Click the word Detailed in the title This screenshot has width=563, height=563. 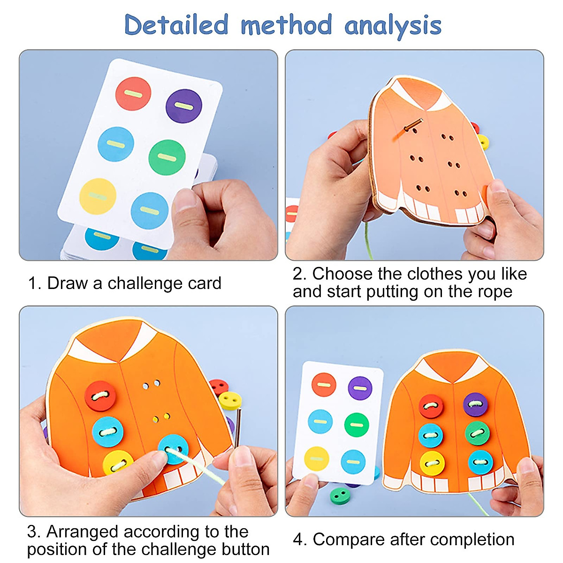(x=176, y=25)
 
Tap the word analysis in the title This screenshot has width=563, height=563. (x=393, y=26)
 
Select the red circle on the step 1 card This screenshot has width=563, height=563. (x=133, y=94)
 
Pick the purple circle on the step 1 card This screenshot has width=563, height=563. (x=184, y=106)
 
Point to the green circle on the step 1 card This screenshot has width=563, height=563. (x=167, y=157)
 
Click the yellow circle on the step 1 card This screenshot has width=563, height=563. (x=98, y=196)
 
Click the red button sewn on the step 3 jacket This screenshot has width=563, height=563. (x=100, y=396)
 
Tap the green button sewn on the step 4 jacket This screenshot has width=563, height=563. (x=477, y=433)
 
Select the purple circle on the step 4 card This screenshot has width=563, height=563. (x=360, y=388)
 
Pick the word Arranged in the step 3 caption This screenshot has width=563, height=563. (x=82, y=532)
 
